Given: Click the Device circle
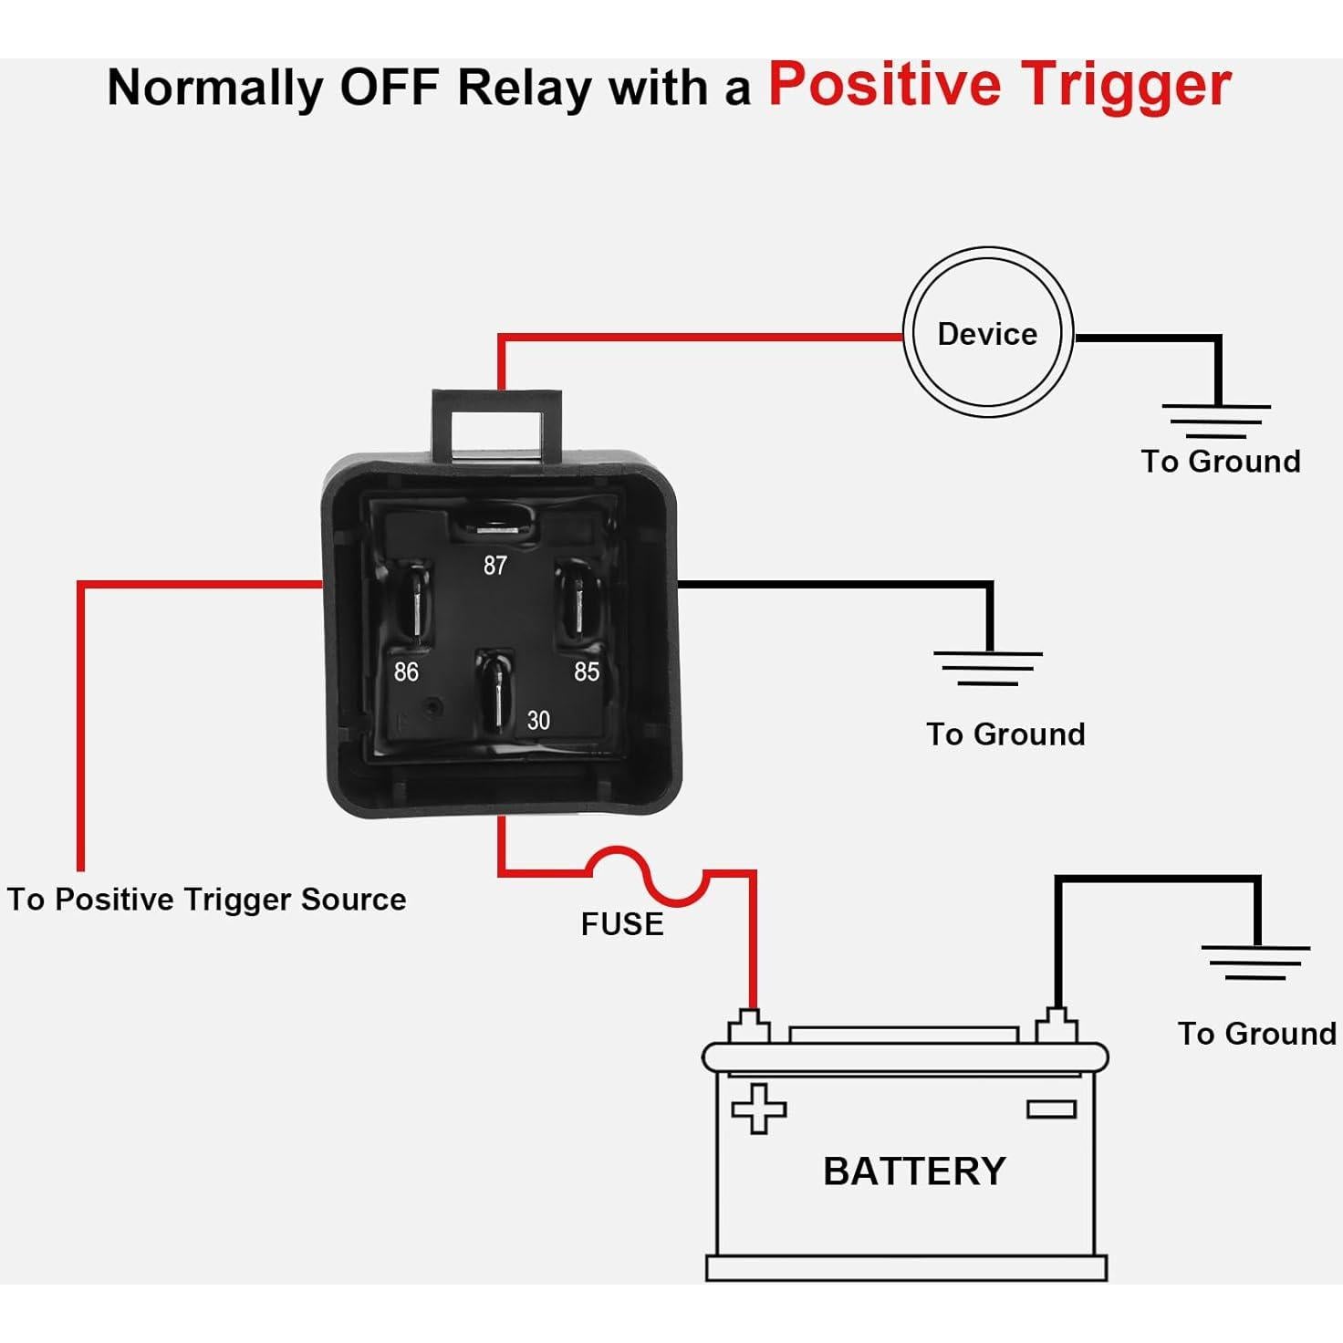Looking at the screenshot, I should click(987, 333).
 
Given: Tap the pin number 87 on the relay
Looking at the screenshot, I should click(495, 566).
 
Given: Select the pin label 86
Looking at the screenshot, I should click(406, 672).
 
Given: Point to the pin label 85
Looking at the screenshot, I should click(587, 672).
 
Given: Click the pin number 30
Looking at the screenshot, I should click(538, 721).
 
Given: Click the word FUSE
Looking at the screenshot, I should click(622, 924).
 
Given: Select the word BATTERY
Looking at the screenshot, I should click(914, 1171).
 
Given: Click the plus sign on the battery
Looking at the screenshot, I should click(758, 1108).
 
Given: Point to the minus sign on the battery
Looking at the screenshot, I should click(1051, 1109).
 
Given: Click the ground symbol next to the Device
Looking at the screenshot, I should click(1215, 420).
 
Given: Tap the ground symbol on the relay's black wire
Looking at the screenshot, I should click(988, 668).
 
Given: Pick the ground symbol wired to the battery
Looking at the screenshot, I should click(1255, 962).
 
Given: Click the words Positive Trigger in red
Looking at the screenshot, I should click(999, 85).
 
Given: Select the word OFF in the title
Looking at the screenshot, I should click(389, 88).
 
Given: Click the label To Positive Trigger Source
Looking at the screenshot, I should click(206, 900).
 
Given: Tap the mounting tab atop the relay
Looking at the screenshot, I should click(497, 422).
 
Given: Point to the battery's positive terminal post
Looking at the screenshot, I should click(749, 1025).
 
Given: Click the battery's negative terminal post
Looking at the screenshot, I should click(1057, 1025).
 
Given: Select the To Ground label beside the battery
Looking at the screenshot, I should click(1256, 1034).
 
